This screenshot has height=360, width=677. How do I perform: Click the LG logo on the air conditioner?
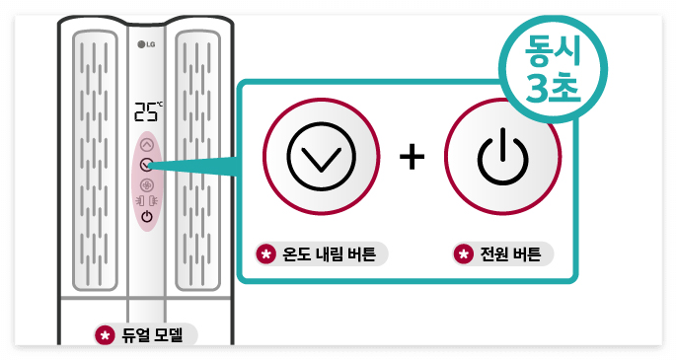[147, 43]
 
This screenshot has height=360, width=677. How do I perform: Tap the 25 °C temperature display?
[147, 110]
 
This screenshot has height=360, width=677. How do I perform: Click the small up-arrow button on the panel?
[147, 144]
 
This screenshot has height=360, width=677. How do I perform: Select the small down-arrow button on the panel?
[147, 165]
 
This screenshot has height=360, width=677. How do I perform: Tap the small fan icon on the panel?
[147, 184]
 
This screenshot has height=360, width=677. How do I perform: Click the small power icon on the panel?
[147, 216]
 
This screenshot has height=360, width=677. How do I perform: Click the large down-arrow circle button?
[321, 159]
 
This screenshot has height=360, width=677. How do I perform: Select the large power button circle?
[503, 159]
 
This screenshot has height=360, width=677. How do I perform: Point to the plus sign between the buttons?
[413, 159]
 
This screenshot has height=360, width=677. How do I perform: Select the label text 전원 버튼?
[510, 253]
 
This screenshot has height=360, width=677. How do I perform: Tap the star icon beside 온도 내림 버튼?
[264, 253]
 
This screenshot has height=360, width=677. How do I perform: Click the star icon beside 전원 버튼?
[462, 253]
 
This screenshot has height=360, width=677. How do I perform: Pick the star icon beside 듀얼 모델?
[103, 334]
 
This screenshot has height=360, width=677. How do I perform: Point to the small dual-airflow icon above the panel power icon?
[147, 200]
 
